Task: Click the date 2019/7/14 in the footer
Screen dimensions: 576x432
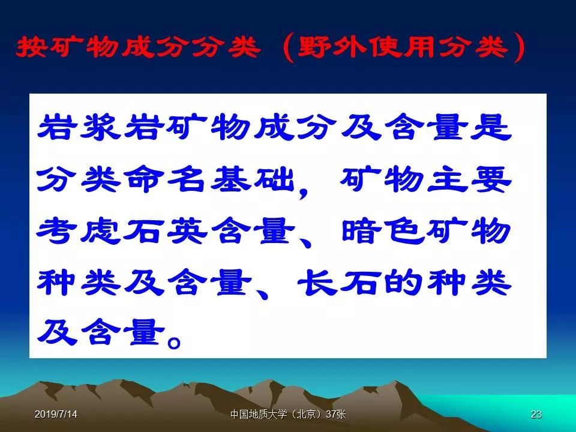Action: click(56, 414)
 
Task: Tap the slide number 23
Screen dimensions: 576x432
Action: click(536, 414)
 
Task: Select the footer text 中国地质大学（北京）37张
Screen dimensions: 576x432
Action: click(288, 414)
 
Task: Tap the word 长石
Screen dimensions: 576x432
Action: click(340, 283)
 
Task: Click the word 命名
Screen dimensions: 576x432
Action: click(164, 179)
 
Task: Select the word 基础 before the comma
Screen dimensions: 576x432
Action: click(252, 179)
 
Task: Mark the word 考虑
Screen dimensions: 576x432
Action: click(79, 231)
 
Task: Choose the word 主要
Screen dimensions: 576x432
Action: click(469, 179)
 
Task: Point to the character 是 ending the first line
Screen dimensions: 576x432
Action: click(491, 127)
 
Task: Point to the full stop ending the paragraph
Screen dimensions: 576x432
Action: click(174, 342)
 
